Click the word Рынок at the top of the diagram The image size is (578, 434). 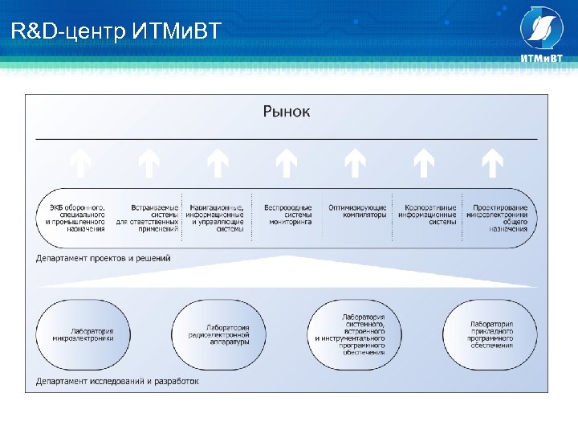click(287, 111)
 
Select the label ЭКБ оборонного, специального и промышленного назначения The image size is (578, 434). click(76, 218)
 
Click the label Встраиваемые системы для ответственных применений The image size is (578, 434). click(148, 218)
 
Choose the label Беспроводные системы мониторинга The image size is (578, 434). click(287, 215)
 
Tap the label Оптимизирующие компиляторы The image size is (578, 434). click(357, 211)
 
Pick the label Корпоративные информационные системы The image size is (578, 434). click(430, 215)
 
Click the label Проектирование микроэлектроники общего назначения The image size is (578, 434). click(499, 218)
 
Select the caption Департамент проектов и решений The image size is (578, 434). click(104, 259)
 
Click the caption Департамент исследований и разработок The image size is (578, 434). click(118, 381)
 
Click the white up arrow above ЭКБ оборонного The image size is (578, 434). click(80, 164)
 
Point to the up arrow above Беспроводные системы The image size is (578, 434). click(287, 164)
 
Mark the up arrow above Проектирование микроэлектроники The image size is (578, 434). click(492, 164)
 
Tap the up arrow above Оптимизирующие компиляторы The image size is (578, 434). click(355, 164)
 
